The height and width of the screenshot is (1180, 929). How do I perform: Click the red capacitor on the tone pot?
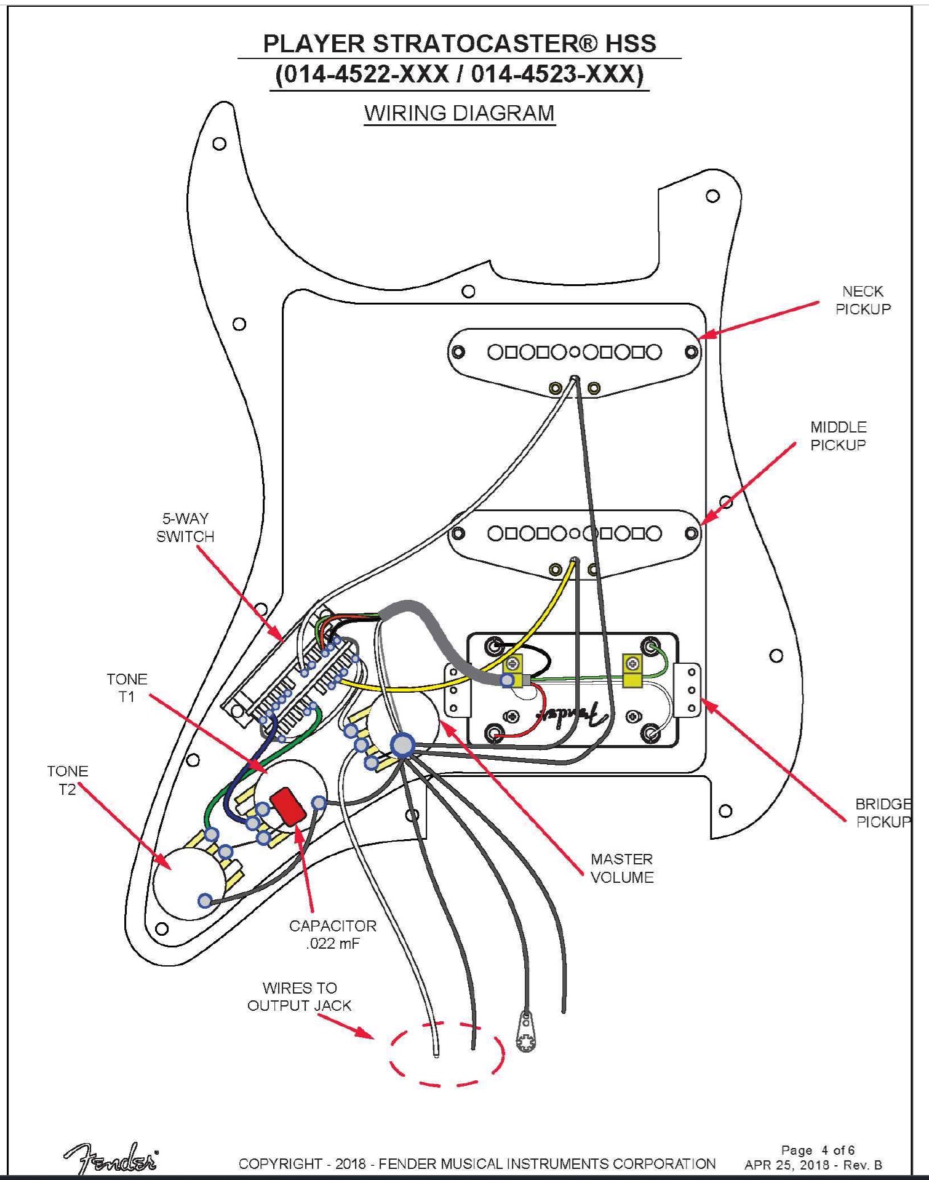tap(287, 805)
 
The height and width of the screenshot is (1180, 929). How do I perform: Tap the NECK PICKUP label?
tap(863, 300)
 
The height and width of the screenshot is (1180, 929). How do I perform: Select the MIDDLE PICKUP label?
tap(838, 436)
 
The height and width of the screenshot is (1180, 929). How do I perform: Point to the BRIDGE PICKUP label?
tap(883, 813)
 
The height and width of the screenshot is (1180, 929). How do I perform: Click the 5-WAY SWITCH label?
tap(185, 527)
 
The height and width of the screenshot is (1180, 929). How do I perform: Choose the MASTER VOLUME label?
tap(622, 868)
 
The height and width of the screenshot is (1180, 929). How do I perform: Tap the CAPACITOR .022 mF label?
tap(332, 935)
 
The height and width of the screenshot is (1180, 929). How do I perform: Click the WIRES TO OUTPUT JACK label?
tap(299, 997)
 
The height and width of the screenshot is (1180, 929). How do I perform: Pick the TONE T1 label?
tap(127, 688)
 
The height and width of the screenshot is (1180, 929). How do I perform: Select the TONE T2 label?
tap(67, 780)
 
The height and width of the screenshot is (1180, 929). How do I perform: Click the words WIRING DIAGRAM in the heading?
tap(459, 113)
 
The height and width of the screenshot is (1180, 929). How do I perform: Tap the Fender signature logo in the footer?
tap(111, 1160)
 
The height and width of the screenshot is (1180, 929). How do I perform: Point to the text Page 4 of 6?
tap(817, 1150)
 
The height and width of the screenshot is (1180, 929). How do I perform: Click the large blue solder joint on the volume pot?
tap(402, 744)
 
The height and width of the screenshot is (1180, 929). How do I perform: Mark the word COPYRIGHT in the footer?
tap(280, 1164)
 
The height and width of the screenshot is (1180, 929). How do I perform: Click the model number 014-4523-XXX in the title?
tap(557, 74)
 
